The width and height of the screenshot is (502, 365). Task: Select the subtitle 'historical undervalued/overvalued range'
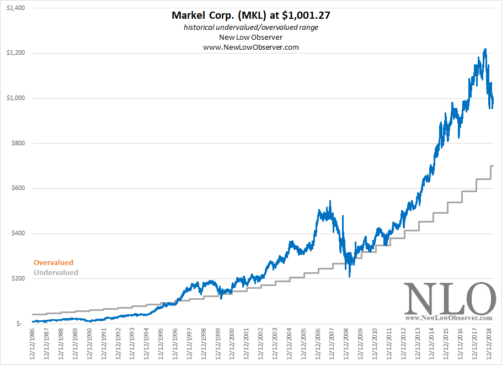251,27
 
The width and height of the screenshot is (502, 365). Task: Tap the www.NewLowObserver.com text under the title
251,47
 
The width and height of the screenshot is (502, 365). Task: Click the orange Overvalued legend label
54,263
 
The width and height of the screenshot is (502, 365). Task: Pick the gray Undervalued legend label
56,272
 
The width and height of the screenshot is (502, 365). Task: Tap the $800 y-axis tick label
18,144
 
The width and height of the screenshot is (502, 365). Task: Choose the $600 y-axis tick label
18,188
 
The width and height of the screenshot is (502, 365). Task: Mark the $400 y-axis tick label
18,234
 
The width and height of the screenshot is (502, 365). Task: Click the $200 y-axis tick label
18,278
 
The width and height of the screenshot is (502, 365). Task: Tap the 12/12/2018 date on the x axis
489,345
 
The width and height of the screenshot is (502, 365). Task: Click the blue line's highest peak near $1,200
485,50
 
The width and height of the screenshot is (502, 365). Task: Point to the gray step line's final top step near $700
492,166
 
